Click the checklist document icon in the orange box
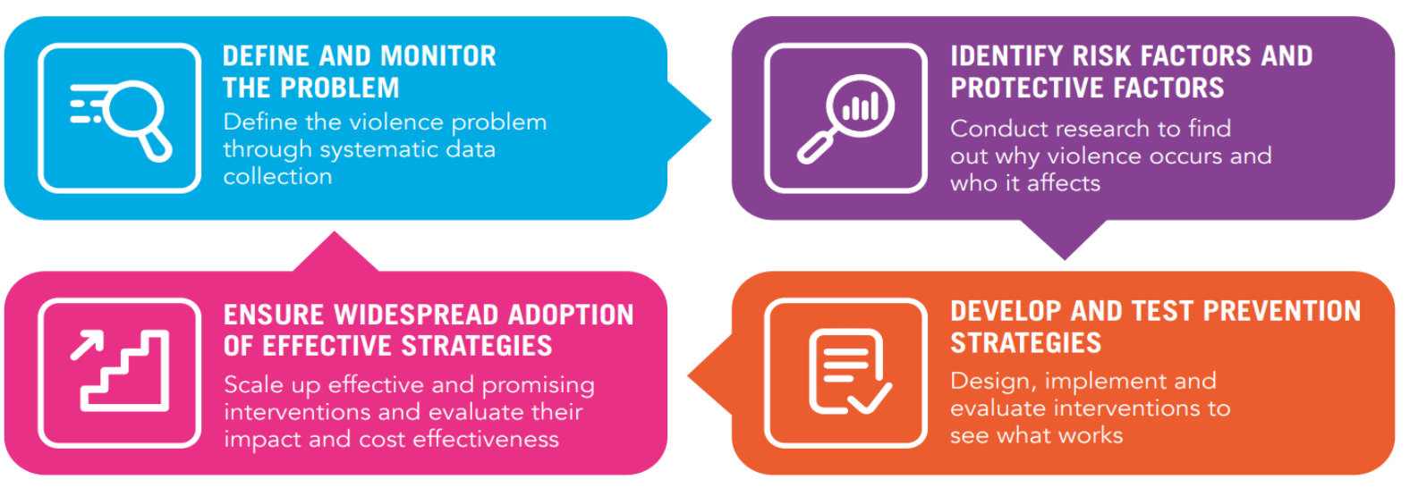(847, 372)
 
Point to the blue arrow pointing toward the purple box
(689, 121)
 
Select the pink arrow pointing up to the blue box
(335, 252)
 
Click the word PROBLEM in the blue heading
(339, 88)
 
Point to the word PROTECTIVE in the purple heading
(1023, 88)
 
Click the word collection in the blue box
(277, 177)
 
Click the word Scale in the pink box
(252, 384)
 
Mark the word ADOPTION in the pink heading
(571, 315)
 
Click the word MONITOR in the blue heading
(438, 55)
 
